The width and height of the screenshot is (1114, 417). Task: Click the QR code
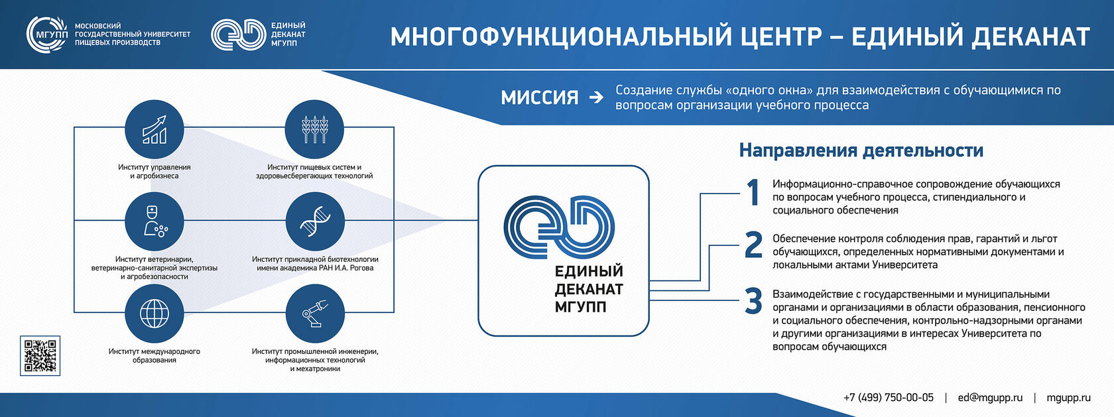point(40,355)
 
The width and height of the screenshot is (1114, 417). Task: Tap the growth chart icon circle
point(154,129)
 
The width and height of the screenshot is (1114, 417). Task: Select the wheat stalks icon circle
point(314,129)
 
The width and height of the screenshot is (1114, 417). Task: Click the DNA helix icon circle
point(316,221)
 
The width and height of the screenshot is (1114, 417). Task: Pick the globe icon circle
point(154,314)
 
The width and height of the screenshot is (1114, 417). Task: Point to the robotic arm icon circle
point(316,314)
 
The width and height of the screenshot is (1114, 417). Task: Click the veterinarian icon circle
point(154,221)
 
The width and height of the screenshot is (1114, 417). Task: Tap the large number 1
point(753,192)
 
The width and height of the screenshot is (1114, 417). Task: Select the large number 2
point(753,245)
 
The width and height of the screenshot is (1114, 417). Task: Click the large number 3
point(753,301)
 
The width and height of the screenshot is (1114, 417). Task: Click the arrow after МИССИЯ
point(595,97)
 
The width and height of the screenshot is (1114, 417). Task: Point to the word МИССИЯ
point(540,97)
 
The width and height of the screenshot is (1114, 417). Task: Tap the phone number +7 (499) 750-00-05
point(889,398)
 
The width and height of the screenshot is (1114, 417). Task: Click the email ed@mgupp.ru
point(990,398)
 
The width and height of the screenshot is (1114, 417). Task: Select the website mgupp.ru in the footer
point(1068,398)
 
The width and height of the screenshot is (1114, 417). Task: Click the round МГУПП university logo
point(46,34)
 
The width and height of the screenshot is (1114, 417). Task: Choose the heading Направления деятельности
point(861,150)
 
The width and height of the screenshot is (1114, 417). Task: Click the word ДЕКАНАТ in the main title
point(1030,36)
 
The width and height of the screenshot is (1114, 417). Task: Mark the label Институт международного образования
point(154,355)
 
